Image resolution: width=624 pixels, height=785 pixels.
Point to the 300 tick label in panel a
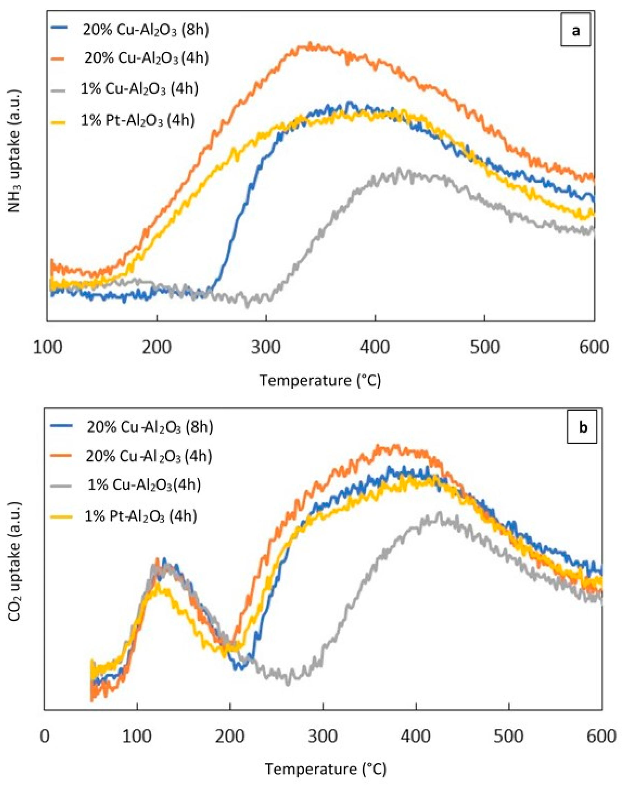pyautogui.click(x=266, y=347)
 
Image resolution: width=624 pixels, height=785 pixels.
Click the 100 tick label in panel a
pyautogui.click(x=47, y=347)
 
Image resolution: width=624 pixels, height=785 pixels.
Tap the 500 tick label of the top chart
pyautogui.click(x=484, y=347)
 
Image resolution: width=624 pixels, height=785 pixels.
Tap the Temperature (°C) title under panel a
pyautogui.click(x=320, y=380)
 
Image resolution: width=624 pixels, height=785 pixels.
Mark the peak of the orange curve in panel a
pyautogui.click(x=310, y=45)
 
